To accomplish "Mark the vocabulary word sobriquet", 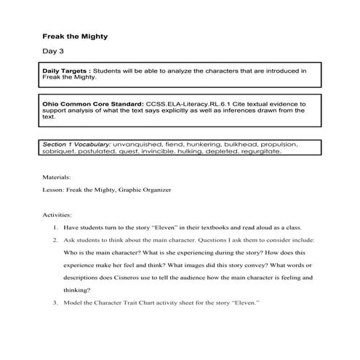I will click(x=62, y=152).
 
